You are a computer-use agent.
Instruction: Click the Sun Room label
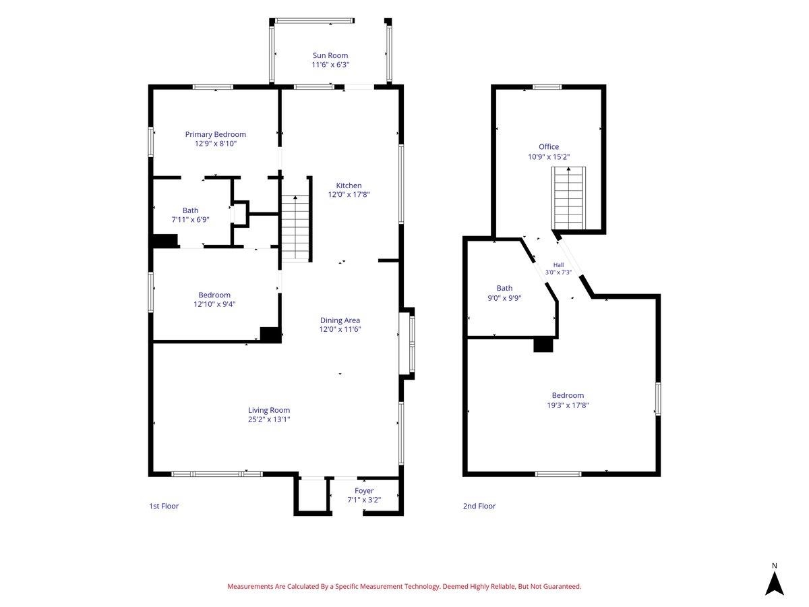pos(330,55)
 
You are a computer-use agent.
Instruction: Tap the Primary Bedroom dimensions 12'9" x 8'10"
pos(215,144)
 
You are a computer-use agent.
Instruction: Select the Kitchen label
pos(349,185)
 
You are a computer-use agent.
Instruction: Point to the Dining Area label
pos(340,320)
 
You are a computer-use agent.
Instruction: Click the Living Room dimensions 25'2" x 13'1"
pos(269,419)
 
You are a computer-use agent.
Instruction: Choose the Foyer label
pos(364,490)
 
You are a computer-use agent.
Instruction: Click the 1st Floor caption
pos(164,506)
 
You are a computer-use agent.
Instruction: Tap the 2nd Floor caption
pos(479,506)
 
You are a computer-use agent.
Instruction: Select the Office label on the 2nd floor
pos(548,146)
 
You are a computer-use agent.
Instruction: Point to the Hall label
pos(558,264)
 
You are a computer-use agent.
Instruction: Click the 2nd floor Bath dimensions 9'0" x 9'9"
pos(504,298)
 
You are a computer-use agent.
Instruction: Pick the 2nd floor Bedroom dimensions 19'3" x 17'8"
pos(568,405)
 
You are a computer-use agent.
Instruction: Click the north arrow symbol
pos(774,585)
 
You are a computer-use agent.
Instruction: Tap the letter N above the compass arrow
pos(775,566)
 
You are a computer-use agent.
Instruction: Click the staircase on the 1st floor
pos(295,228)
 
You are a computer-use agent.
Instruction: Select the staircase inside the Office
pos(568,198)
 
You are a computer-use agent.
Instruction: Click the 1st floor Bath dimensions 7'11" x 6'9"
pos(190,220)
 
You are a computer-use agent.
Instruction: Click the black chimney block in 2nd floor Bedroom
pos(543,345)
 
